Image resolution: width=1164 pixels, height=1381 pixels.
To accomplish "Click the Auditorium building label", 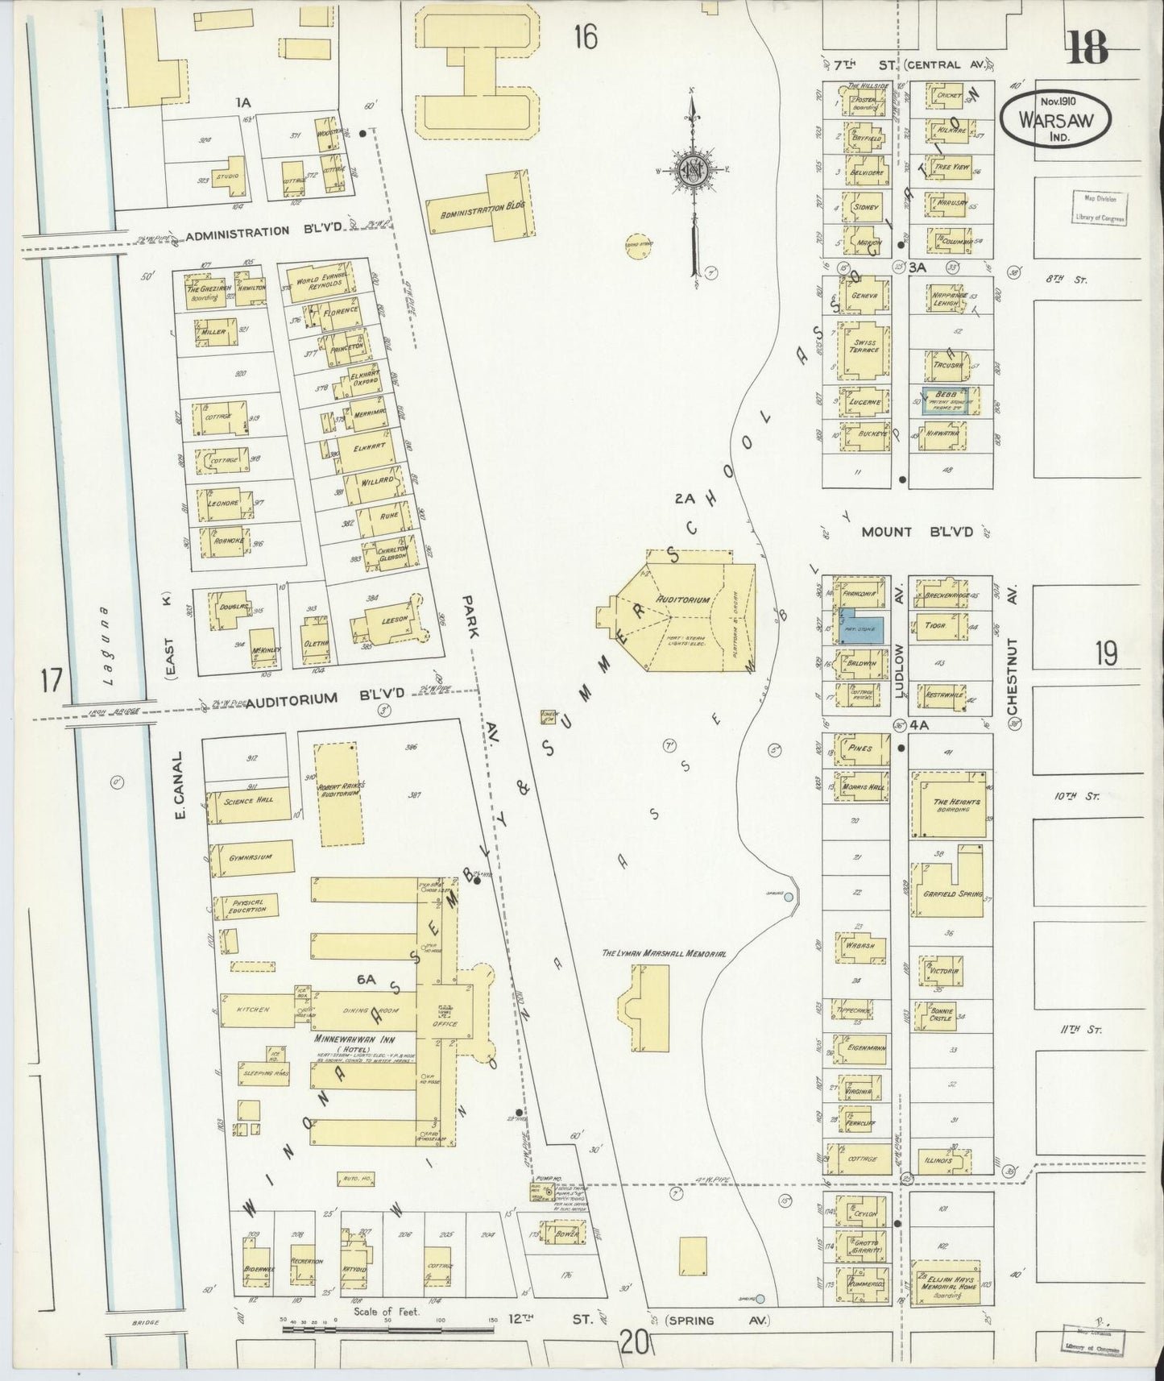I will point(682,600).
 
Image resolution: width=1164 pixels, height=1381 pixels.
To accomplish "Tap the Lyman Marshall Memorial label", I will point(665,953).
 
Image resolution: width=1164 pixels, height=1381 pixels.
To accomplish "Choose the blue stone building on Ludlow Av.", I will point(863,625).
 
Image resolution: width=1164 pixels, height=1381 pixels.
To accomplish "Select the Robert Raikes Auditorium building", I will point(340,794).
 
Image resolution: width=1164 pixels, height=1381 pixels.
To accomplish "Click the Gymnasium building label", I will point(249,857).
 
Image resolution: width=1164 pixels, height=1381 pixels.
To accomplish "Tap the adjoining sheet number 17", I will point(51,682).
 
